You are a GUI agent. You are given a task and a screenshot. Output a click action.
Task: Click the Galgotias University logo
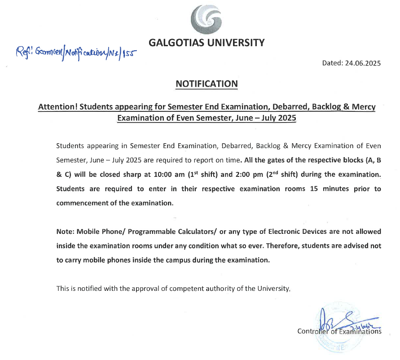(x=206, y=21)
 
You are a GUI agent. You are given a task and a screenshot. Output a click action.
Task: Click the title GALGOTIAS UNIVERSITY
(x=207, y=43)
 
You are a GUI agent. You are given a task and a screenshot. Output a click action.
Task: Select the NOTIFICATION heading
(x=207, y=84)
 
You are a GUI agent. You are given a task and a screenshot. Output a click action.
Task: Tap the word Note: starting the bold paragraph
(x=66, y=232)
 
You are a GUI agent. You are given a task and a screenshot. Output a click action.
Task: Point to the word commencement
(x=78, y=203)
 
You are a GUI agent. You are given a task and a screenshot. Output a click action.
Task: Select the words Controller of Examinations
(x=339, y=332)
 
